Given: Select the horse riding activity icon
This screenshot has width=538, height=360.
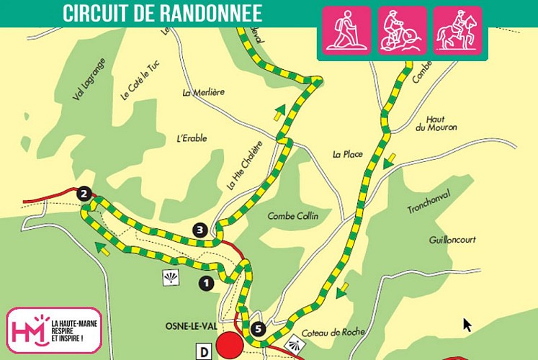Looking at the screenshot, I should click(457, 30).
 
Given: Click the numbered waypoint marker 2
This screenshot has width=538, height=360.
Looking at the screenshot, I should click(84, 194).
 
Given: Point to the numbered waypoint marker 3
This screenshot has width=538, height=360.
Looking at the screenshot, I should click(200, 230).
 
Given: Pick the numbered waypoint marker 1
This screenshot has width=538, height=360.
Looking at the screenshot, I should click(207, 284).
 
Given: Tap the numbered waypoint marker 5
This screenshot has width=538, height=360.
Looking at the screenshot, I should click(259, 330).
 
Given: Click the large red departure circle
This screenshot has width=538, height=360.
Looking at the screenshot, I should click(231, 345).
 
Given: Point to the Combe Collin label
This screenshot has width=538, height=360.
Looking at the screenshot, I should click(292, 216).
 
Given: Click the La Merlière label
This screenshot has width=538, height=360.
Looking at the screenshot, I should click(203, 92).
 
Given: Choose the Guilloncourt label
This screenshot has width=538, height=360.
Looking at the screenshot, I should click(452, 240).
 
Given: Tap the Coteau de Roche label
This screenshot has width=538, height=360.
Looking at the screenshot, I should click(333, 332).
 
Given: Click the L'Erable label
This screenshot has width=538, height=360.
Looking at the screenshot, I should click(191, 138).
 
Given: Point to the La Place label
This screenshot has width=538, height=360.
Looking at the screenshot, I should click(346, 154).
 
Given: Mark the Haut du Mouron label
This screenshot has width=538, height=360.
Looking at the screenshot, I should click(435, 124).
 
